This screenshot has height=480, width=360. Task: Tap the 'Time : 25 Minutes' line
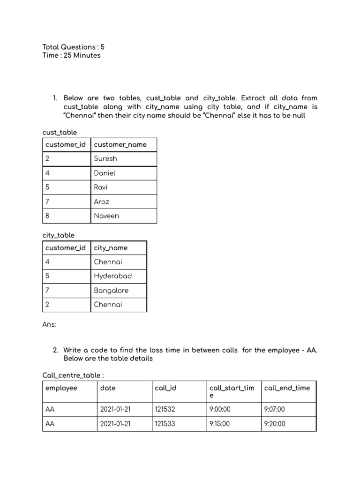[x=71, y=55]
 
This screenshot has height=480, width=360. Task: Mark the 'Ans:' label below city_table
[x=49, y=324]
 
